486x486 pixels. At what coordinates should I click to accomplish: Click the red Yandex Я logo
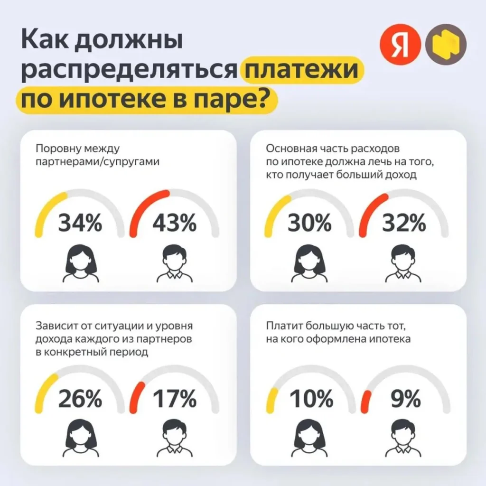click(399, 46)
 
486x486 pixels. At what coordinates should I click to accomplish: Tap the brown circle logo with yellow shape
click(446, 46)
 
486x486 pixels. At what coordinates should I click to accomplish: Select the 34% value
click(80, 223)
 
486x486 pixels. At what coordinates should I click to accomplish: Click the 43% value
click(174, 223)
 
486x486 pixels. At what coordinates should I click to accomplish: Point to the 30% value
click(309, 223)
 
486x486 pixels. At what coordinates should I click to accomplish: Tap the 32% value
click(404, 223)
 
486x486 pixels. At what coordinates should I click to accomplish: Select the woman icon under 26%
click(80, 439)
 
